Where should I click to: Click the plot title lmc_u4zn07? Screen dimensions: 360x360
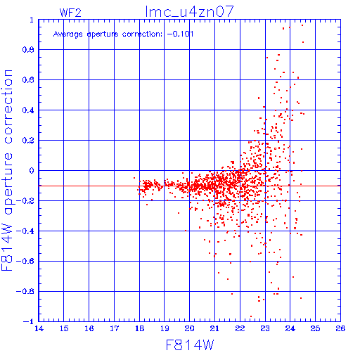click(x=189, y=12)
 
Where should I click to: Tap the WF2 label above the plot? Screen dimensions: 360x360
click(x=70, y=13)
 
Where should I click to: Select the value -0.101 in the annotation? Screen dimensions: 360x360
click(x=180, y=34)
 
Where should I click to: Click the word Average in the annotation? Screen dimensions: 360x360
click(x=68, y=34)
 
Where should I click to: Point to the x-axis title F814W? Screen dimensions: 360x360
click(x=190, y=345)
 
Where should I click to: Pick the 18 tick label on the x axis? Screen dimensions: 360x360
click(x=139, y=328)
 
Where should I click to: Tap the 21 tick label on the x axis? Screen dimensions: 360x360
click(x=214, y=328)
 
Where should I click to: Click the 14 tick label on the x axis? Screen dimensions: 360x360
click(x=39, y=328)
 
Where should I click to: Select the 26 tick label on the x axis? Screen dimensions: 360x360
click(x=340, y=328)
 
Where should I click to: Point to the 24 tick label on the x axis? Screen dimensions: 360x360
click(x=290, y=328)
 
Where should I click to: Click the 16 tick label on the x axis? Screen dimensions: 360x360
click(x=89, y=328)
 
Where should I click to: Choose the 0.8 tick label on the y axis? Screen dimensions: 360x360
click(x=28, y=50)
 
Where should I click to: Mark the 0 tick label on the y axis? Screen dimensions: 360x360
click(x=32, y=171)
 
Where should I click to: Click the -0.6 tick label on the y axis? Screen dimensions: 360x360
click(x=25, y=261)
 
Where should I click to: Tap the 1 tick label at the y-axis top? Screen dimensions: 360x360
click(x=32, y=20)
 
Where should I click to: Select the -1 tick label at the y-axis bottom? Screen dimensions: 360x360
click(x=29, y=321)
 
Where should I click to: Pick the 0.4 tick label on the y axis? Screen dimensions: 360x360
click(x=28, y=110)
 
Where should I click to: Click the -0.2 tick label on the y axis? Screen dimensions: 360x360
click(x=25, y=201)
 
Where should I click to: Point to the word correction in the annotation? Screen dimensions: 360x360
click(x=142, y=34)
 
